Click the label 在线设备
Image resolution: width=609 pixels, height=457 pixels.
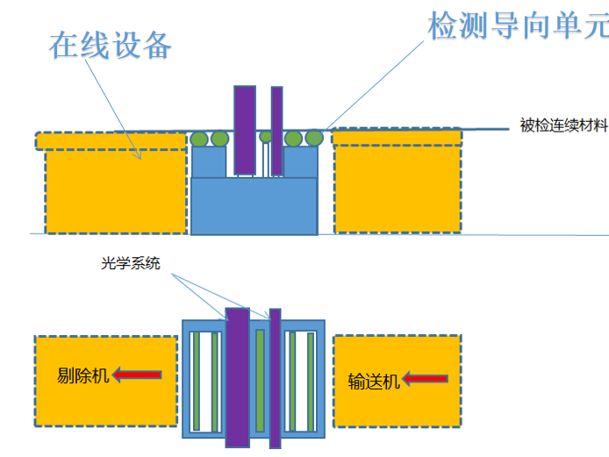pos(110,46)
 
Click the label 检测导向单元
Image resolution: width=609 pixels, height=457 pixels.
pos(517,25)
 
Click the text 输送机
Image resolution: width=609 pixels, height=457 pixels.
pos(374,381)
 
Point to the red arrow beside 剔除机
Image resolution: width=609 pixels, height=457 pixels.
pos(137,375)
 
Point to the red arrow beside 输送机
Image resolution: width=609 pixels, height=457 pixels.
pos(426,380)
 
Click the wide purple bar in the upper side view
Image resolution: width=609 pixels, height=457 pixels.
pos(244,129)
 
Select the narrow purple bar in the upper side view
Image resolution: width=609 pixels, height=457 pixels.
pos(276,130)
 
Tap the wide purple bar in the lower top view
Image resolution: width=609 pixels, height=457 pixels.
pos(238,377)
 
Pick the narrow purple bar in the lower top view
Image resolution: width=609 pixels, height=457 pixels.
pos(275,377)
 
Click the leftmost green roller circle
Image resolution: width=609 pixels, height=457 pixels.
pos(200,139)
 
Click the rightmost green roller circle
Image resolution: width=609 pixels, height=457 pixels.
pos(313,138)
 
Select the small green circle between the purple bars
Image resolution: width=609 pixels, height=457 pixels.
pos(266,137)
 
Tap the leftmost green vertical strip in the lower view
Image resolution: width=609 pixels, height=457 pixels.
pos(197,382)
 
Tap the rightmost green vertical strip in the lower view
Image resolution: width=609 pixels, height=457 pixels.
pos(311,382)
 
